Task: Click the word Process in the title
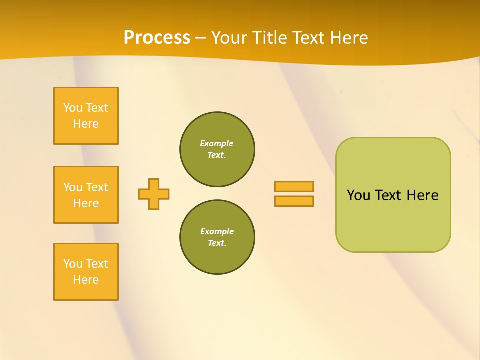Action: click(x=157, y=38)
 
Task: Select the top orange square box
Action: click(x=86, y=116)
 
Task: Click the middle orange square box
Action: click(x=86, y=195)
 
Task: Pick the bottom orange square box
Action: click(x=86, y=272)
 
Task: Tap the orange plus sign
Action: click(x=154, y=194)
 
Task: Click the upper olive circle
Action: click(x=217, y=149)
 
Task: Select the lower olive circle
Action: click(x=217, y=237)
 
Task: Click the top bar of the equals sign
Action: click(x=294, y=186)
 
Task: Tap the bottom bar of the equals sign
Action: click(x=294, y=201)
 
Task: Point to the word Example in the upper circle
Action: click(x=216, y=144)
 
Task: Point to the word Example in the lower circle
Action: click(x=217, y=232)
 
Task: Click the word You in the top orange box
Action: click(x=73, y=108)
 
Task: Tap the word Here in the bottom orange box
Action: click(x=86, y=280)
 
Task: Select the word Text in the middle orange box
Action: click(x=97, y=187)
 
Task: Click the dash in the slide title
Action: click(x=200, y=38)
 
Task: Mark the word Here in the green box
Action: click(x=422, y=195)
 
